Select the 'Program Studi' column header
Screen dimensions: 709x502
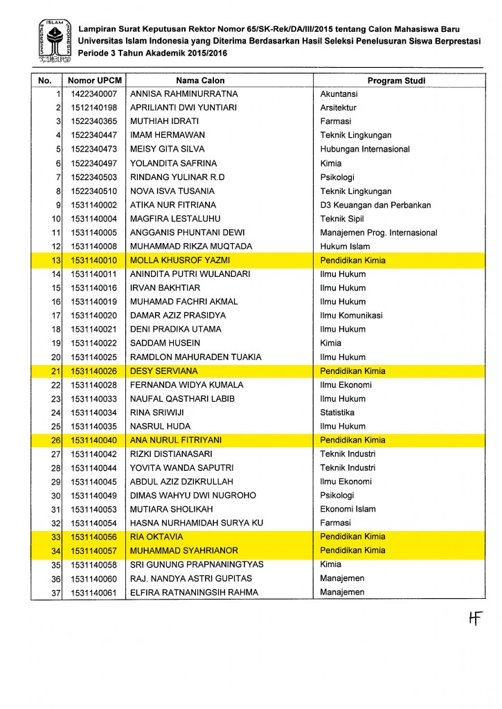(x=396, y=80)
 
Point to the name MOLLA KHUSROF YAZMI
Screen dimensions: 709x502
(x=180, y=260)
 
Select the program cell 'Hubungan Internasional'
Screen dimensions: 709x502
(x=365, y=149)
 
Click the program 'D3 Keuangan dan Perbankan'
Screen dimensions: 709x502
(x=375, y=205)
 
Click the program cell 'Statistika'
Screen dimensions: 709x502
(x=337, y=413)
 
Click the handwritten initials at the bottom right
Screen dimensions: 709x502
(x=474, y=618)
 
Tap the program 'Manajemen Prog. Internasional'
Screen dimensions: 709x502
(x=379, y=233)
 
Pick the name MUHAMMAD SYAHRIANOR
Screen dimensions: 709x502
(x=181, y=550)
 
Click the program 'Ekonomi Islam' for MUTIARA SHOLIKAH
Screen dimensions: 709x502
(x=348, y=509)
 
